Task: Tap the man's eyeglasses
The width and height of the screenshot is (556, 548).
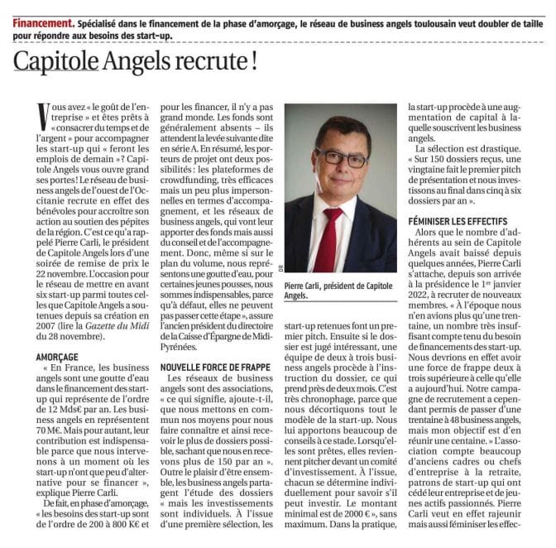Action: click(340, 157)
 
